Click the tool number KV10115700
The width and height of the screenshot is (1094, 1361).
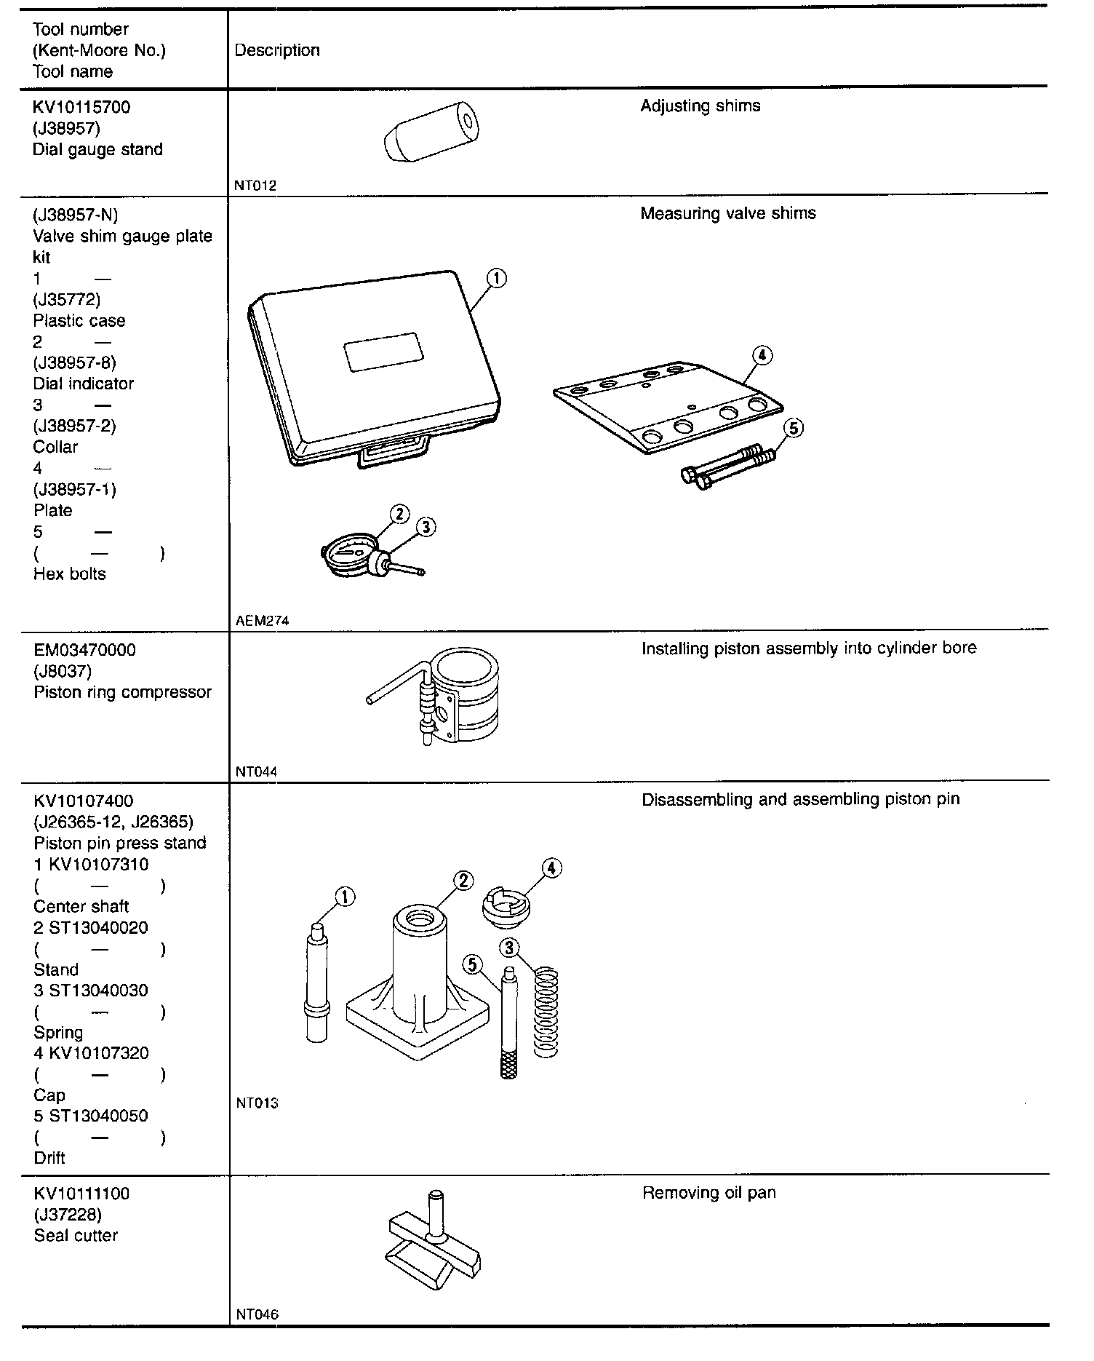(x=81, y=108)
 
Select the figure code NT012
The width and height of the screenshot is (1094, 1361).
(x=255, y=186)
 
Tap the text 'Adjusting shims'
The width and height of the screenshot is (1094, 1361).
(x=700, y=106)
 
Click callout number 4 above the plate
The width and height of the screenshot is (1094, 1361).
(x=762, y=355)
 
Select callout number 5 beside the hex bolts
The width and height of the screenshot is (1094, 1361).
(x=794, y=428)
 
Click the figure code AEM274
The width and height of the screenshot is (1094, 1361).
(x=262, y=621)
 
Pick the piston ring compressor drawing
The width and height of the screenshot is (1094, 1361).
(x=444, y=697)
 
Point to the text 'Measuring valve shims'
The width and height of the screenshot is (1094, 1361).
(x=727, y=214)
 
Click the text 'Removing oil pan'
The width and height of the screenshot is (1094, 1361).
(x=708, y=1194)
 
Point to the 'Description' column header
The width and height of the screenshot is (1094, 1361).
(x=277, y=50)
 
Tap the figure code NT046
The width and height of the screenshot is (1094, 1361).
(x=257, y=1314)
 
